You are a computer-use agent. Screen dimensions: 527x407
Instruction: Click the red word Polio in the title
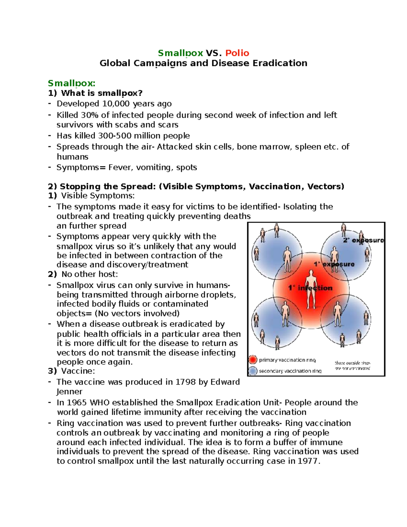(237, 53)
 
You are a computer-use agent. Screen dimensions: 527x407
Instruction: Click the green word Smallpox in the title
(180, 53)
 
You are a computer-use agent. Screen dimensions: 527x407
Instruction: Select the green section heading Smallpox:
(72, 83)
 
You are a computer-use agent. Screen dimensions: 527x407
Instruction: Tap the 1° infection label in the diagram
(310, 288)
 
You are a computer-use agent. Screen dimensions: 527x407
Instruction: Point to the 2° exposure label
(363, 240)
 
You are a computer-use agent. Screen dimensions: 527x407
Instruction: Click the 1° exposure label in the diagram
(334, 264)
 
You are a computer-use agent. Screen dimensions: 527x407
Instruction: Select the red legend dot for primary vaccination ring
(253, 360)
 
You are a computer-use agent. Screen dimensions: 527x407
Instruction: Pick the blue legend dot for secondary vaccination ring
(253, 371)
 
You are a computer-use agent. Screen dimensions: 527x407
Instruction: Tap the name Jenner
(69, 392)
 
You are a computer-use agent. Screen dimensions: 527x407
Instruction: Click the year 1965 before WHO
(77, 402)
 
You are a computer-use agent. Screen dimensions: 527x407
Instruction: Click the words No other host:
(90, 274)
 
